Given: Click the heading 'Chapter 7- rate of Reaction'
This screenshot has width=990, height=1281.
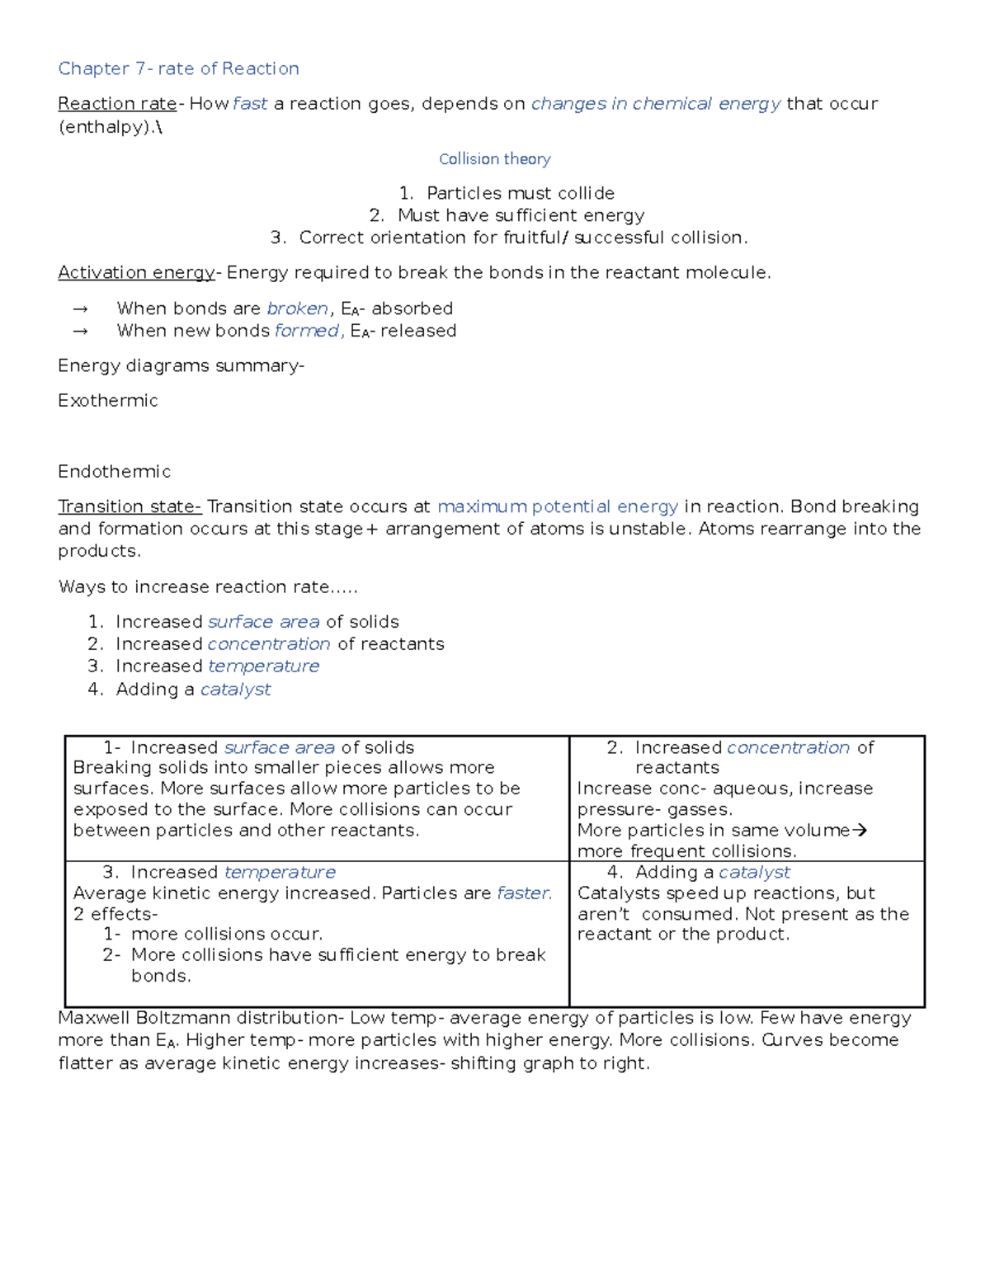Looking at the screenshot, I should click(178, 68).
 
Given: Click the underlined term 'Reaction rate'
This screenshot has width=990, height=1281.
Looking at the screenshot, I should click(117, 104).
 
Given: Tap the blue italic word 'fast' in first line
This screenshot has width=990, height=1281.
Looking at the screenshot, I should click(250, 104).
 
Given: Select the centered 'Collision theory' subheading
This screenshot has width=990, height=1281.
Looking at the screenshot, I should click(494, 159).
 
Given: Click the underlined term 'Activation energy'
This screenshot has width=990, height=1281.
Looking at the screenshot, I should click(136, 273).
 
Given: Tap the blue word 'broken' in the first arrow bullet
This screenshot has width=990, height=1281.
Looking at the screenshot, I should click(297, 308).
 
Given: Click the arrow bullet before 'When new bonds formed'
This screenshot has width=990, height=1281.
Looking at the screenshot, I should click(80, 332).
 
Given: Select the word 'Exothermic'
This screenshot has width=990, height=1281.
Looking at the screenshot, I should click(107, 401).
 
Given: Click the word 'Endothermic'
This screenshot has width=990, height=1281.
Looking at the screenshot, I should click(114, 472).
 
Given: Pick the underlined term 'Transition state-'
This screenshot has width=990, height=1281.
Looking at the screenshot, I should click(130, 506).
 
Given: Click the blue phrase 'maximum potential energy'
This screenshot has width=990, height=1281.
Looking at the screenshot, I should click(558, 506).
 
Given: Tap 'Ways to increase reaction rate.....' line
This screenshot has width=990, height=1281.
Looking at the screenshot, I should click(208, 587).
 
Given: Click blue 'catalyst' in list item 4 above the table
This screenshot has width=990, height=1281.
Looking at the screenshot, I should click(235, 690).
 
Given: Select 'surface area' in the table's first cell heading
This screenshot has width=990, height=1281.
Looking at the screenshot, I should click(280, 747).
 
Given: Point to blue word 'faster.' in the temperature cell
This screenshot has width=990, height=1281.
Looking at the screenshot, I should click(525, 893).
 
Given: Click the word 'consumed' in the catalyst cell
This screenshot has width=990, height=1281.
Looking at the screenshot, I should click(688, 914).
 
